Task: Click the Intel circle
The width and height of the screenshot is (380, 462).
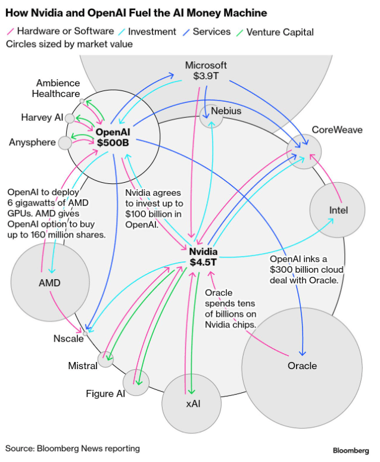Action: click(x=337, y=210)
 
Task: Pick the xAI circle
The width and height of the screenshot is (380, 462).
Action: click(x=192, y=403)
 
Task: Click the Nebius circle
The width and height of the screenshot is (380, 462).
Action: click(x=211, y=116)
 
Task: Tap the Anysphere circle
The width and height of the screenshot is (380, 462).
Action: click(x=65, y=142)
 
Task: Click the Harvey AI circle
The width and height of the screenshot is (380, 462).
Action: click(x=70, y=118)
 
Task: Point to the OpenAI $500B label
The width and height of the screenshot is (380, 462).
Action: click(x=113, y=137)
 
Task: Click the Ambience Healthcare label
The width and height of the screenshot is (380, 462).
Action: click(x=58, y=89)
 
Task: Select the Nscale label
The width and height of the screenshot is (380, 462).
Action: click(x=68, y=339)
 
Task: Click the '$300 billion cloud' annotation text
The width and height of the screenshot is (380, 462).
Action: click(x=304, y=270)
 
